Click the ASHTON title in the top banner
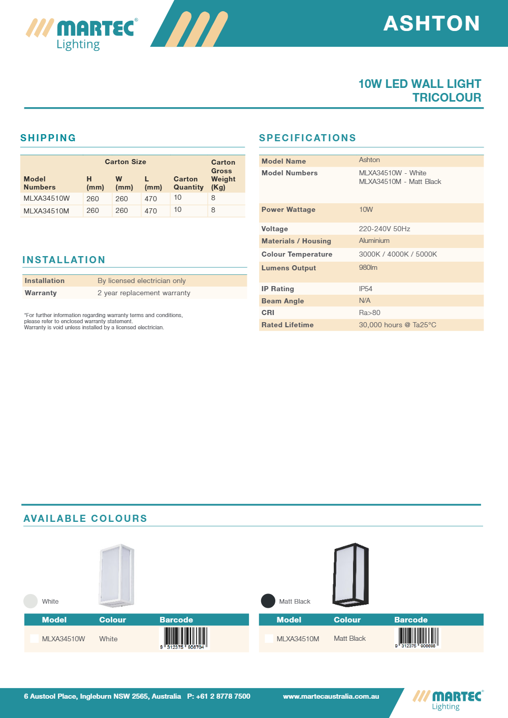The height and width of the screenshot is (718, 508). pos(431,23)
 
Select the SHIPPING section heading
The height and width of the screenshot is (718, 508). pos(48,138)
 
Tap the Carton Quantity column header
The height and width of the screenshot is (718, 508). pos(188,183)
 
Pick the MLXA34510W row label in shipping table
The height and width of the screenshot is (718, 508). pos(47,198)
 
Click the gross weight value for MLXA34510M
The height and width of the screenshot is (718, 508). pos(213,210)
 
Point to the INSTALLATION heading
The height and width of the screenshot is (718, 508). pos(64,260)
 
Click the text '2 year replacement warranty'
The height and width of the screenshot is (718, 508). pos(144,293)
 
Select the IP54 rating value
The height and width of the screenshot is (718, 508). pos(366,289)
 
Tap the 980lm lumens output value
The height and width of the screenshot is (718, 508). pos(368,267)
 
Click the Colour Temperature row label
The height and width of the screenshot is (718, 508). pos(297,254)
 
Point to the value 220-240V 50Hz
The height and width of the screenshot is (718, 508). pos(385,229)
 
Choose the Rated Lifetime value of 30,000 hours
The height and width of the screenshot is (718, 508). pos(397,325)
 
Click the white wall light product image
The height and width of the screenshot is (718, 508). pos(117,576)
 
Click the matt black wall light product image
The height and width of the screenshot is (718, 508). pos(351,575)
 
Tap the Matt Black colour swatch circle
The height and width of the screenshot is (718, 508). pos(268,601)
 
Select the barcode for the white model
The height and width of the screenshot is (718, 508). pos(184,638)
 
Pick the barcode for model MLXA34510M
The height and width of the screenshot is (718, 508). pos(418,638)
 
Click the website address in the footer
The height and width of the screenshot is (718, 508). pos(331,696)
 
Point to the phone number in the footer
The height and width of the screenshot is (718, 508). pos(219,696)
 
